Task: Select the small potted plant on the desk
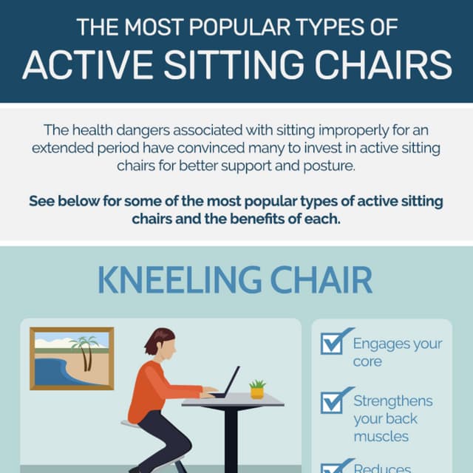(x=257, y=389)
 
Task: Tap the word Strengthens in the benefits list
(x=393, y=401)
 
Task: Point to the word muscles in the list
(x=381, y=436)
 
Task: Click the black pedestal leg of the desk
(x=231, y=436)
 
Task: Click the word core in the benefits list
(x=367, y=361)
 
